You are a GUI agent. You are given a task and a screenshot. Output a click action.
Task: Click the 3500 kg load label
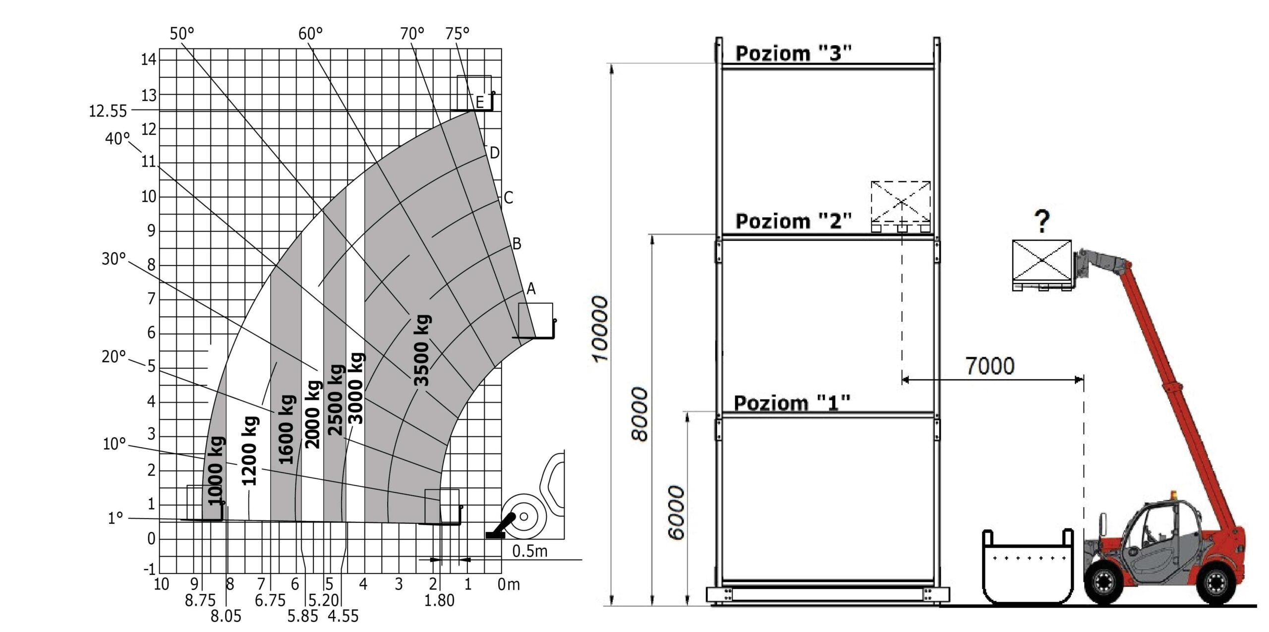pyautogui.click(x=422, y=350)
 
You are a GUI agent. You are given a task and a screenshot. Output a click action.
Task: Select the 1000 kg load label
pyautogui.click(x=216, y=470)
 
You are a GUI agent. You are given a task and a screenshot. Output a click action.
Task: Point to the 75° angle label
pyautogui.click(x=457, y=34)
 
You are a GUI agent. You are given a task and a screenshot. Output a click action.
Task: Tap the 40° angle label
pyautogui.click(x=117, y=139)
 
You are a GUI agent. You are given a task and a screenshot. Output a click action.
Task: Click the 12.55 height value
pyautogui.click(x=108, y=111)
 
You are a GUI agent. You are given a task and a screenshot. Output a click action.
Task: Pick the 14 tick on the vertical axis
pyautogui.click(x=148, y=59)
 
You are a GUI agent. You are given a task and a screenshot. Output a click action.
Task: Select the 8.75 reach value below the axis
pyautogui.click(x=200, y=601)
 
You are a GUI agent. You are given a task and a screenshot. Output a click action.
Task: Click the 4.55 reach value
pyautogui.click(x=343, y=616)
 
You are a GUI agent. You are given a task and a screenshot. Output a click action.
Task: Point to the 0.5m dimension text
pyautogui.click(x=529, y=551)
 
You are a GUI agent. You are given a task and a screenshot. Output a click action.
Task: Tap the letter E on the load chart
pyautogui.click(x=479, y=103)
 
